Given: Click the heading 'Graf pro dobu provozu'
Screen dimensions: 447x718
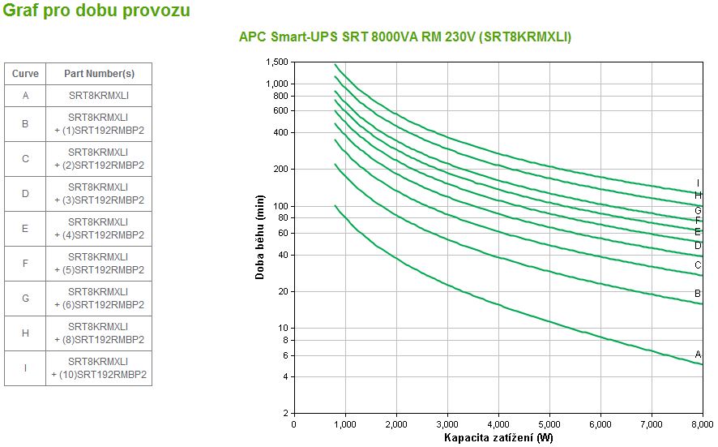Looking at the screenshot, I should tap(97, 11).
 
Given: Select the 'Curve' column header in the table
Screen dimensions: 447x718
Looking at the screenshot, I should tap(25, 73).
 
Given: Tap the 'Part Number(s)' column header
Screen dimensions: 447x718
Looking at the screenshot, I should tap(99, 73).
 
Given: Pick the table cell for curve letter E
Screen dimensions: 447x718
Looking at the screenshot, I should tap(25, 229).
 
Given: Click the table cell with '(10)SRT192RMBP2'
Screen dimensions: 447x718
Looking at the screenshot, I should tap(99, 367).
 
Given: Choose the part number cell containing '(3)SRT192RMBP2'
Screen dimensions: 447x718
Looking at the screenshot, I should tap(99, 194).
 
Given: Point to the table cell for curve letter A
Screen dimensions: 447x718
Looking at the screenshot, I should tap(25, 95).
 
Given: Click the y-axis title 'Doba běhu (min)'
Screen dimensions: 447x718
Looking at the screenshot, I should tap(260, 237).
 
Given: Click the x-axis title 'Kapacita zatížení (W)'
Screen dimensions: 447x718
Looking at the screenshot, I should tap(498, 438).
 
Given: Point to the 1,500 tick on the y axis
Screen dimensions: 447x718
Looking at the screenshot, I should tap(277, 62).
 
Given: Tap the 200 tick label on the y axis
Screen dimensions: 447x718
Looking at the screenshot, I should tap(280, 169).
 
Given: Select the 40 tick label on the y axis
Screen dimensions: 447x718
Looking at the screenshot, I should tap(283, 255).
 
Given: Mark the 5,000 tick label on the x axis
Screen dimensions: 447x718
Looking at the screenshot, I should tap(549, 423).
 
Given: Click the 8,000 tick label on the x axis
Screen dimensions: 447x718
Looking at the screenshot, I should tap(702, 423).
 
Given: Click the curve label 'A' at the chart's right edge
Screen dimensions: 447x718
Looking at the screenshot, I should tap(698, 355).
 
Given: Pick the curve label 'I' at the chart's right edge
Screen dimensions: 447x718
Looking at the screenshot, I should tap(698, 183).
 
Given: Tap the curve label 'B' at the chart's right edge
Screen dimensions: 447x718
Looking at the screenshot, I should tap(698, 294).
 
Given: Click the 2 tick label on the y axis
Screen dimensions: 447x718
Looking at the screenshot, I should tap(285, 414).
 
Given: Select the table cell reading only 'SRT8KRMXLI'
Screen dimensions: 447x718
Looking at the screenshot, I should tap(99, 95).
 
